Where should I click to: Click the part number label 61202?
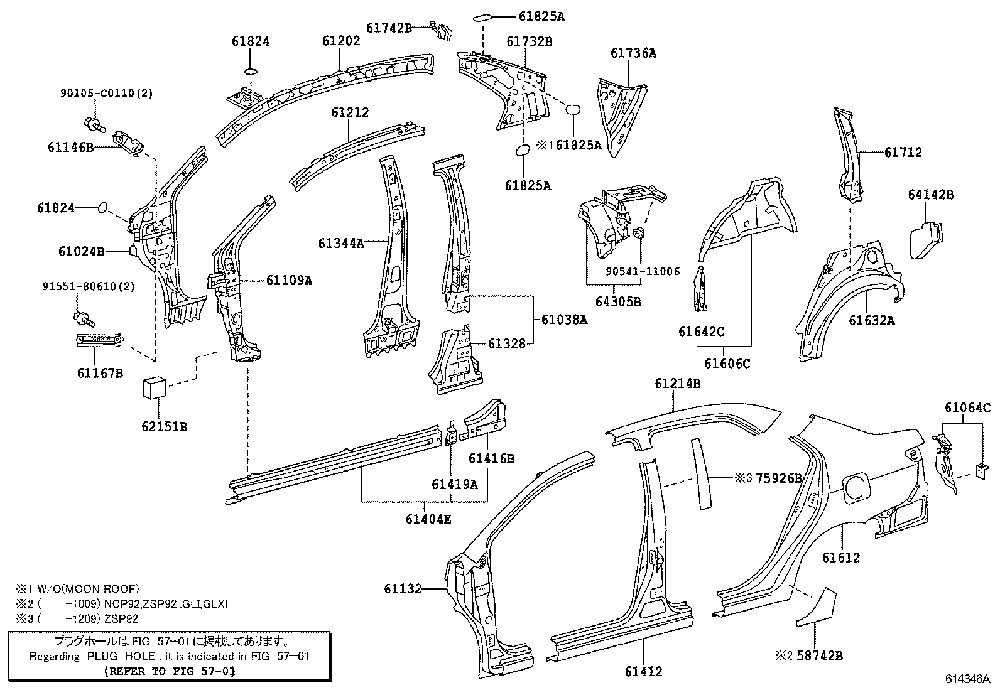[341, 41]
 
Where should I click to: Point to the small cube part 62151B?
[154, 387]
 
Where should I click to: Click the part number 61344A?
[341, 243]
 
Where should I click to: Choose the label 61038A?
[563, 320]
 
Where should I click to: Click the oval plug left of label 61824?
[104, 207]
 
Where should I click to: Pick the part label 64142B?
[930, 195]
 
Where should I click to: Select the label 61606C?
[727, 364]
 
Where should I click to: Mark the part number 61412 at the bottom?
[643, 672]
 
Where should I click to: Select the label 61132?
[403, 588]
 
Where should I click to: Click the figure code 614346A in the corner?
[968, 679]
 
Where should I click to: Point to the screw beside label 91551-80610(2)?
[84, 318]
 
